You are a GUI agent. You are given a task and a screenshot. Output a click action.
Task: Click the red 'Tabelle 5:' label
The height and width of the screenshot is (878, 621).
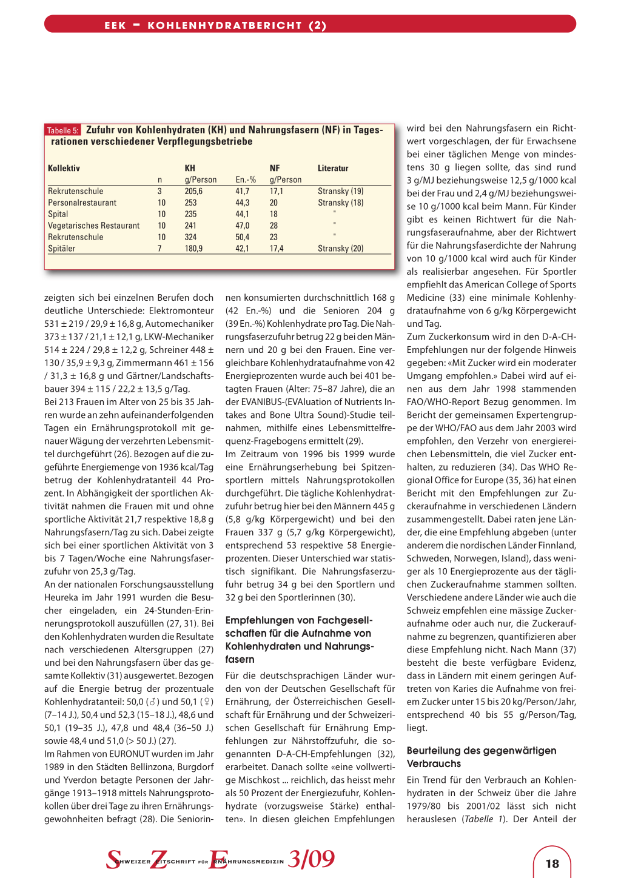pyautogui.click(x=63, y=130)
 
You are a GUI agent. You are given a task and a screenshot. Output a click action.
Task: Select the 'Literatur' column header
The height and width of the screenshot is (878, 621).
pyautogui.click(x=333, y=168)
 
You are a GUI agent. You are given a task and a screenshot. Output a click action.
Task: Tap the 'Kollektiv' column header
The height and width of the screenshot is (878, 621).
pyautogui.click(x=64, y=168)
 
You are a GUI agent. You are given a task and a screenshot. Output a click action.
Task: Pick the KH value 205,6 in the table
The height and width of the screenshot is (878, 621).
pyautogui.click(x=193, y=191)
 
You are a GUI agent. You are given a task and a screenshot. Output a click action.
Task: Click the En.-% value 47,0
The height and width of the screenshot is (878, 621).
pyautogui.click(x=242, y=226)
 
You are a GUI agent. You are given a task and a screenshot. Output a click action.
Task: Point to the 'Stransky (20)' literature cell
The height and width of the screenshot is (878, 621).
pyautogui.click(x=340, y=249)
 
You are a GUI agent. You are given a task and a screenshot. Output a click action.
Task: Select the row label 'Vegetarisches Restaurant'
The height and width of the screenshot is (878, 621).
pyautogui.click(x=93, y=226)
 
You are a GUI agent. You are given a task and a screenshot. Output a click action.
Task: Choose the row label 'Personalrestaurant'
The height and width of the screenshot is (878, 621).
pyautogui.click(x=82, y=203)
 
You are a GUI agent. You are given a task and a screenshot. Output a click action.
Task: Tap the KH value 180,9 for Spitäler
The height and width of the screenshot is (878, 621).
pyautogui.click(x=193, y=249)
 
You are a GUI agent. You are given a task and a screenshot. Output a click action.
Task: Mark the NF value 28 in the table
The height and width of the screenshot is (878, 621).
pyautogui.click(x=274, y=226)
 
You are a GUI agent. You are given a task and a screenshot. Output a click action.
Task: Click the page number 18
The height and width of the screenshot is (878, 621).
pyautogui.click(x=552, y=863)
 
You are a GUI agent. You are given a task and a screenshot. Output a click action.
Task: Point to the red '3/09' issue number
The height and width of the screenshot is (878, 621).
pyautogui.click(x=311, y=859)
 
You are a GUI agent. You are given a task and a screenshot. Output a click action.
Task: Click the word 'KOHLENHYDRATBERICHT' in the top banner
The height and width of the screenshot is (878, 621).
pyautogui.click(x=224, y=25)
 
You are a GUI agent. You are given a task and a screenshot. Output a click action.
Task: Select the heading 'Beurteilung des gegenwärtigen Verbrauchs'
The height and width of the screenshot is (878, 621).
pyautogui.click(x=481, y=757)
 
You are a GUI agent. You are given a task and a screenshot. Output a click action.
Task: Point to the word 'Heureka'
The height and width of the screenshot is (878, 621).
pyautogui.click(x=61, y=597)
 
